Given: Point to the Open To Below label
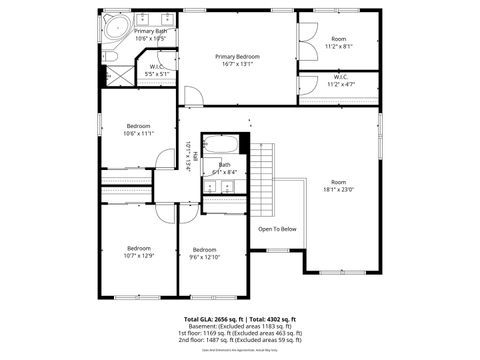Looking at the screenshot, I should coord(277,229).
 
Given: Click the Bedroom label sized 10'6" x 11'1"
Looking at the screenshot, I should coord(138,126).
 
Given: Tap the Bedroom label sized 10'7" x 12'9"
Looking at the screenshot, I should coord(138,248).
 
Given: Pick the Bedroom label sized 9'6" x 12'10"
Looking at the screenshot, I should coord(205,249).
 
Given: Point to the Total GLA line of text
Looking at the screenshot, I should coord(239,318).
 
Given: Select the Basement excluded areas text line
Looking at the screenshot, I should coord(239,325).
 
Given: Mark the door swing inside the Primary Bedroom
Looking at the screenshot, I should coord(193,96).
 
